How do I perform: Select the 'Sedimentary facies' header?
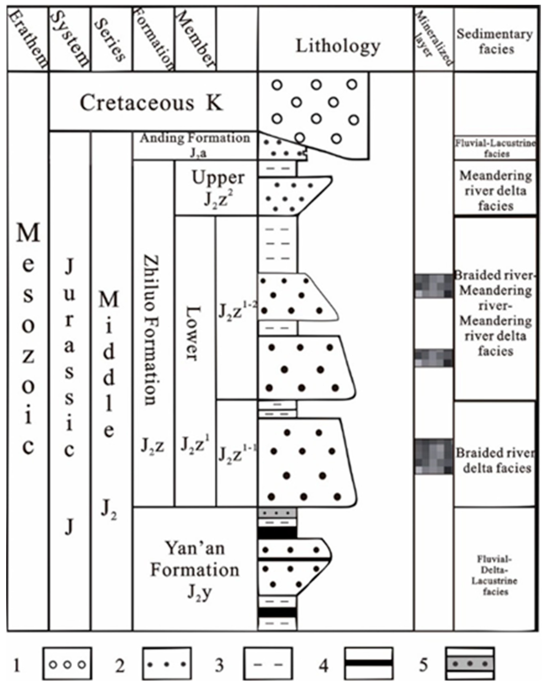[x=495, y=41]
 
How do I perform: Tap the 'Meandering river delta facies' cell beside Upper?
[x=495, y=190]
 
